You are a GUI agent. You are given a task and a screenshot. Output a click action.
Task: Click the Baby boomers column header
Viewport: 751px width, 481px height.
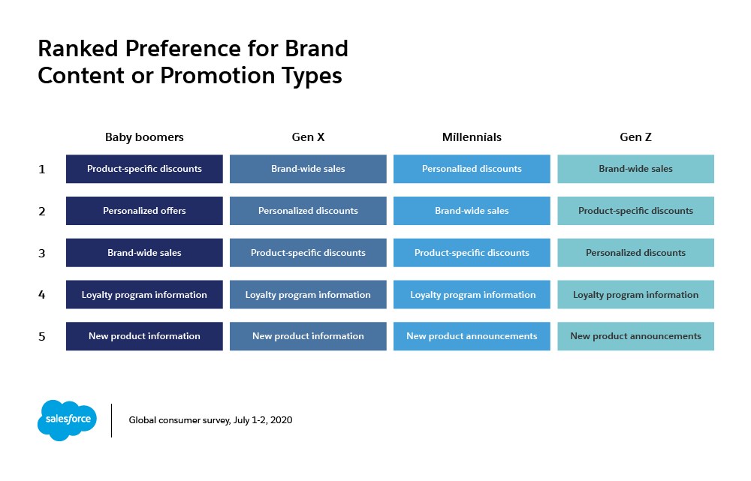click(144, 137)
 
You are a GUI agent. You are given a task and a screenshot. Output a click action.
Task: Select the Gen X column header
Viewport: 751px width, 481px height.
click(308, 137)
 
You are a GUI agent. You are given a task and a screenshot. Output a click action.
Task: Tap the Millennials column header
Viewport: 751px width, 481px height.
click(472, 137)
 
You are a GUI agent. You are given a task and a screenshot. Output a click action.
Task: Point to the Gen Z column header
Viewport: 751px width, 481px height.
click(635, 137)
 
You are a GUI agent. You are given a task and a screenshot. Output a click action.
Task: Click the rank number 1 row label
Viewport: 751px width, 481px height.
click(41, 170)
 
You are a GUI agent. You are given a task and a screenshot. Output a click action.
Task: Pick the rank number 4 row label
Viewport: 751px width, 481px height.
click(41, 295)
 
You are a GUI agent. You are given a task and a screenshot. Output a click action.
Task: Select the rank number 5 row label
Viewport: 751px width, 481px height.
click(41, 336)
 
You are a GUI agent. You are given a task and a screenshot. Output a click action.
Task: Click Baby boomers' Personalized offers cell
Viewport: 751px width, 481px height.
click(144, 211)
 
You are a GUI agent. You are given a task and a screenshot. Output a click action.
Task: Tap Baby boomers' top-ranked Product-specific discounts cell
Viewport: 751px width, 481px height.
click(144, 169)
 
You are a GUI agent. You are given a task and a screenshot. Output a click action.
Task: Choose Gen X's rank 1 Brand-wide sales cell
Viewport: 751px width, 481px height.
click(308, 169)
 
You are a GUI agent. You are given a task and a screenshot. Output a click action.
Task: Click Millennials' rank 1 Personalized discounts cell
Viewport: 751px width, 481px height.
click(472, 169)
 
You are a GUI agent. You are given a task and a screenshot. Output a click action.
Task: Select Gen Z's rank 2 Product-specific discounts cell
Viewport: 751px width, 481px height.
click(635, 211)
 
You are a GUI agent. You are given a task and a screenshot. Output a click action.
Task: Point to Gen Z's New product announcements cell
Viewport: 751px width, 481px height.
click(635, 336)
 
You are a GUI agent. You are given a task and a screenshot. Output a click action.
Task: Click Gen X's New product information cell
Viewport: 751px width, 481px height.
click(308, 336)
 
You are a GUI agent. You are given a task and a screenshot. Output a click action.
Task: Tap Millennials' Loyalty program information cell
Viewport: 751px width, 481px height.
click(472, 294)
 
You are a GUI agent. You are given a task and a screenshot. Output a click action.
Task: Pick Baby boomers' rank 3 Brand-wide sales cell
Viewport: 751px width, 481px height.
click(144, 253)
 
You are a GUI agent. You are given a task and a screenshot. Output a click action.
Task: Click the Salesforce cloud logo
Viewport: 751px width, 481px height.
click(67, 420)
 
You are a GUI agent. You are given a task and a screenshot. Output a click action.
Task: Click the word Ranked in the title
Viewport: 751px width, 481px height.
click(78, 49)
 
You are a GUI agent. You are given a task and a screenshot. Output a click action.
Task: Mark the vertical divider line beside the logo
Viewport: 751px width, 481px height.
click(112, 420)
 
